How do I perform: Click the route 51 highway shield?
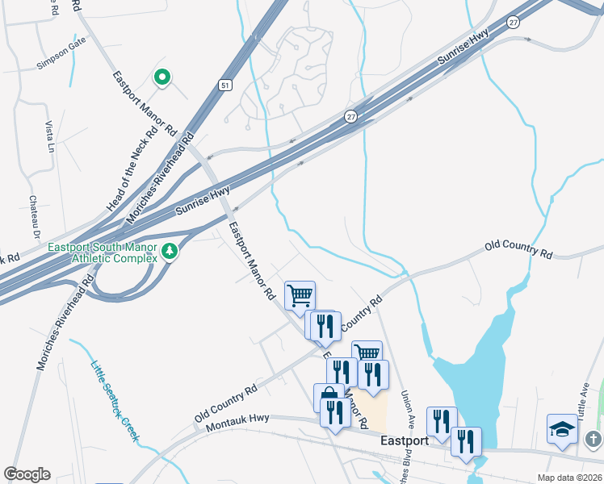tap(225, 83)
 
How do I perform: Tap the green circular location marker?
tap(162, 77)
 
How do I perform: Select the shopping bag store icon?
tap(328, 396)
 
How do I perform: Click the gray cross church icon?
tap(593, 440)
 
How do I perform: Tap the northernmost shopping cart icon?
tap(300, 294)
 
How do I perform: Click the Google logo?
tap(27, 475)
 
